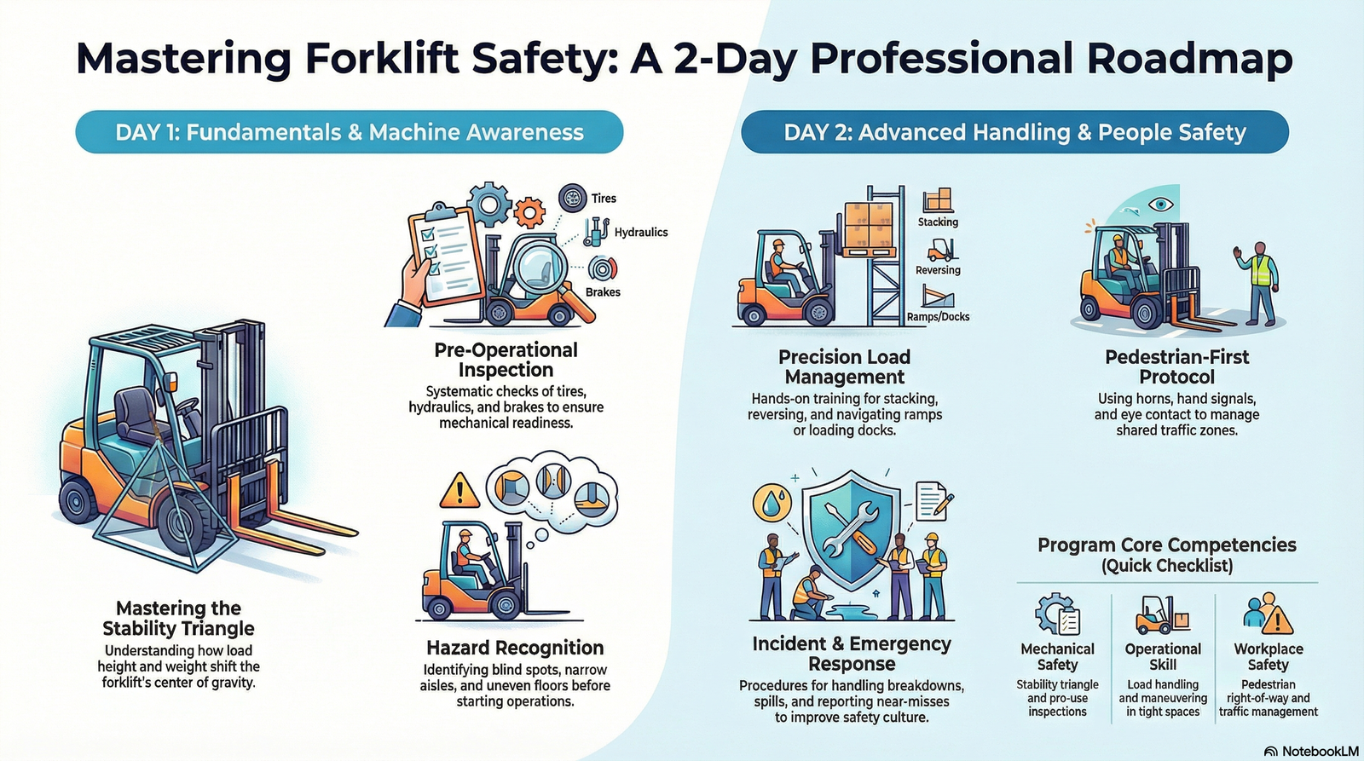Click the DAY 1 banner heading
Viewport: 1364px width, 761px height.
(350, 132)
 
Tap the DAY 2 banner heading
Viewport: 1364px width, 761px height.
(1014, 132)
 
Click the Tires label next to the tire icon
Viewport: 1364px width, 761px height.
(604, 199)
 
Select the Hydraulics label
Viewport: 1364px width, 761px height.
(640, 232)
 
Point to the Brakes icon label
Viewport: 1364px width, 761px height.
(603, 292)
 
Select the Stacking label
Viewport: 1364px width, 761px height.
(938, 222)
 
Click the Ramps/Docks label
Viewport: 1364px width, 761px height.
(938, 317)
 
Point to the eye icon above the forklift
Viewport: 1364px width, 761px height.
(1159, 204)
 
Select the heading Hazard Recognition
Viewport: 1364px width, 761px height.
(515, 648)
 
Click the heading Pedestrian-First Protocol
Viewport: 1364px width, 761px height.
(1176, 366)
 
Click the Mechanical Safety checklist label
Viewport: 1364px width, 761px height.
(1057, 656)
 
